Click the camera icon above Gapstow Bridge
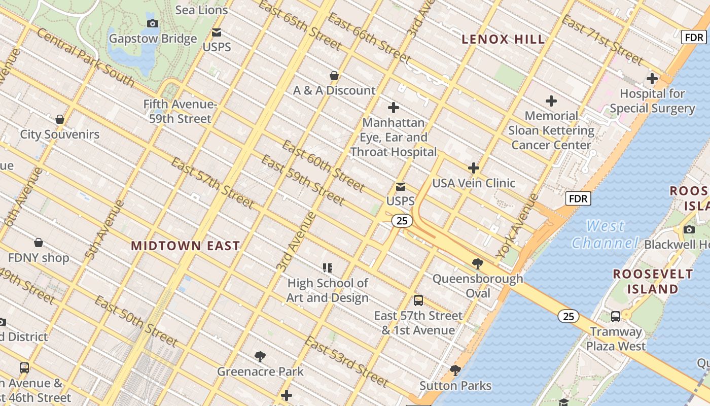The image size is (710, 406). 152,23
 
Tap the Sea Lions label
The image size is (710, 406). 201,10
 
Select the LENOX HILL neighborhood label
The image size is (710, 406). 503,39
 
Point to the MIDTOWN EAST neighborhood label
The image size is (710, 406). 185,246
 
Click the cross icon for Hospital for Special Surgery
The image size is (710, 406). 652,79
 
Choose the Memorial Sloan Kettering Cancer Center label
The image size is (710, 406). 551,130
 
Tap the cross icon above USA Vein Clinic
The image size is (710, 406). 473,168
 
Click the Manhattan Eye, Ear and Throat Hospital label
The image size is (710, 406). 393,137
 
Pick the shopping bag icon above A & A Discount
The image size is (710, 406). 334,76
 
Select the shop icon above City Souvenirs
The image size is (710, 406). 60,120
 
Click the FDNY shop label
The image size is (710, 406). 39,258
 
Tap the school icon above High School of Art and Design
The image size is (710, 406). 328,267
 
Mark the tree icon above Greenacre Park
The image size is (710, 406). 260,356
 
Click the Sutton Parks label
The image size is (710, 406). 455,386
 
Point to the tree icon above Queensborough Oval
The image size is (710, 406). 477,263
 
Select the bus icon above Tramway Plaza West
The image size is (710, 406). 616,317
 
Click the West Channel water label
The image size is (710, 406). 605,234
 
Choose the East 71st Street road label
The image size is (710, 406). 602,40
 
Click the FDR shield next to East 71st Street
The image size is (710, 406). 693,37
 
